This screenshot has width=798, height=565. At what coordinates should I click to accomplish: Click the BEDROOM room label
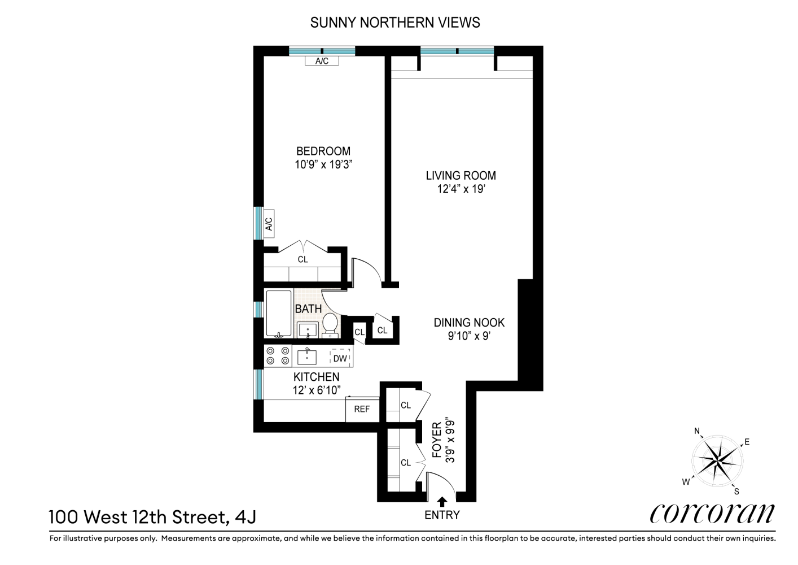pyautogui.click(x=323, y=151)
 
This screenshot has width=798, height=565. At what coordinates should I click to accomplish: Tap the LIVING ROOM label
pyautogui.click(x=461, y=175)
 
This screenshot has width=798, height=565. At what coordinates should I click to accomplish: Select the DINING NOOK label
pyautogui.click(x=468, y=323)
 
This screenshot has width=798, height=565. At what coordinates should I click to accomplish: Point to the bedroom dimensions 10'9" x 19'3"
pyautogui.click(x=323, y=165)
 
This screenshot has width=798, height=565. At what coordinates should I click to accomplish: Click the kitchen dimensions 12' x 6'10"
pyautogui.click(x=316, y=390)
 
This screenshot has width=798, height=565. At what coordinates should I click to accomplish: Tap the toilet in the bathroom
pyautogui.click(x=330, y=326)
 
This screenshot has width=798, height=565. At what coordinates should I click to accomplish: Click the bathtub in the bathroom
pyautogui.click(x=278, y=313)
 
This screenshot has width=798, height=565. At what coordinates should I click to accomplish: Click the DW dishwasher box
pyautogui.click(x=340, y=358)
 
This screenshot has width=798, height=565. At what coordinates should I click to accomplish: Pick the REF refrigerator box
pyautogui.click(x=362, y=409)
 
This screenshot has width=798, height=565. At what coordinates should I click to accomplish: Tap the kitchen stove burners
pyautogui.click(x=278, y=356)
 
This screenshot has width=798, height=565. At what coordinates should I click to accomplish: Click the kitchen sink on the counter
pyautogui.click(x=307, y=357)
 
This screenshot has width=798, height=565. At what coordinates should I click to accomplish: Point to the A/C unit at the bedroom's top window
pyautogui.click(x=322, y=61)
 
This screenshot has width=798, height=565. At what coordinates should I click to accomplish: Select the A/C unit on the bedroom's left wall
pyautogui.click(x=269, y=224)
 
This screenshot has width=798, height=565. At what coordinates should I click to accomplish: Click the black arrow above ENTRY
pyautogui.click(x=442, y=501)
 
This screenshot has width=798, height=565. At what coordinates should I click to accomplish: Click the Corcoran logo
pyautogui.click(x=712, y=513)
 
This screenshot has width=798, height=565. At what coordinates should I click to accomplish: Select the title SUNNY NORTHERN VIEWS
pyautogui.click(x=395, y=23)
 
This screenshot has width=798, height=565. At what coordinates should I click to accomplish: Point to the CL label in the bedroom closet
pyautogui.click(x=302, y=259)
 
